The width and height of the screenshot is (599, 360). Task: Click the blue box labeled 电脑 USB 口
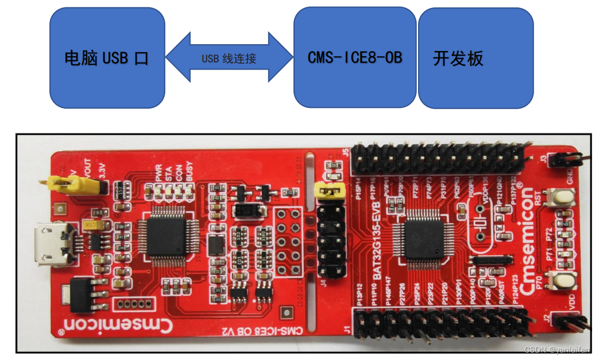click(106, 57)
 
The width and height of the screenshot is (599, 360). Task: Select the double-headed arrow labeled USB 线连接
click(229, 58)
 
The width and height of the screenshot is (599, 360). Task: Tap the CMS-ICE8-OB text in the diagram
click(354, 57)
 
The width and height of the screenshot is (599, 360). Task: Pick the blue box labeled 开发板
click(475, 58)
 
